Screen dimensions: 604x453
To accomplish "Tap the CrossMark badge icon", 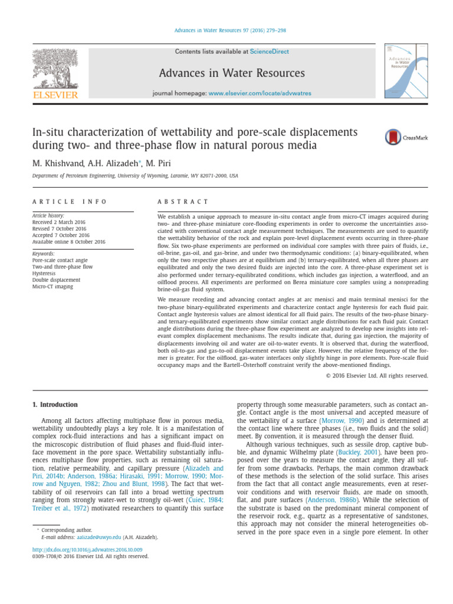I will (393, 137).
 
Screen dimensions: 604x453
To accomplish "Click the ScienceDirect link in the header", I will (270, 52).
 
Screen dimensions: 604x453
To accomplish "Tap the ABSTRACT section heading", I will (183, 202).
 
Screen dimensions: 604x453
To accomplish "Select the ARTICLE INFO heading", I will (70, 202).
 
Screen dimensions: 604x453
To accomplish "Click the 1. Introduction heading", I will (54, 405).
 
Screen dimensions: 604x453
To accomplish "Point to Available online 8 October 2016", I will (69, 242).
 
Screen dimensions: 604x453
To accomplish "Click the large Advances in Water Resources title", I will (232, 73).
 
